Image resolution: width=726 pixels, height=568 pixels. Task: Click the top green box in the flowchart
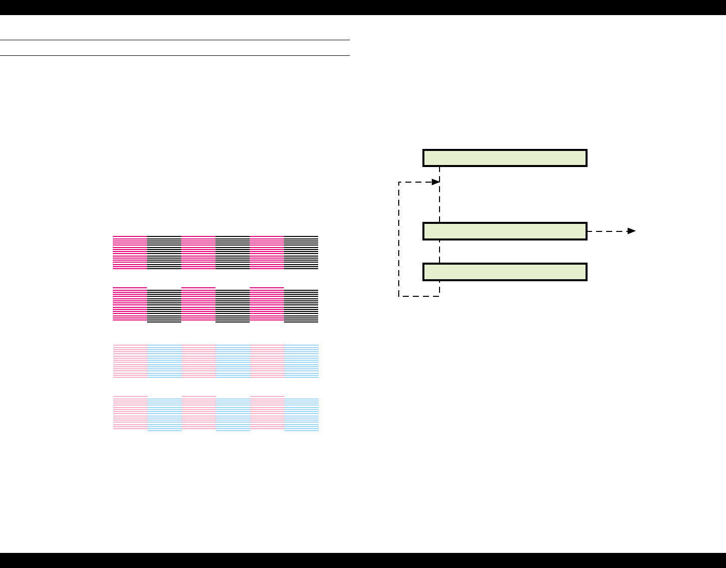tap(504, 158)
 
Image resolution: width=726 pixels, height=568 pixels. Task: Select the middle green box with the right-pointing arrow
tap(504, 231)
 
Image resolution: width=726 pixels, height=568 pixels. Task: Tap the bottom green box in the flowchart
tap(504, 272)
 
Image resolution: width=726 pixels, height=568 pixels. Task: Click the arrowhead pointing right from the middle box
tap(631, 231)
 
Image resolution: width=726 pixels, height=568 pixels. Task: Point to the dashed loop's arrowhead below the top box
tap(436, 182)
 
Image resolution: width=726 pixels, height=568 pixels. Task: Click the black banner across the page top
tap(362, 7)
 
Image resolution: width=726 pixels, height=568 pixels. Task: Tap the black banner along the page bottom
tap(362, 560)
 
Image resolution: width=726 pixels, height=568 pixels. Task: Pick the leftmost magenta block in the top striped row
tap(130, 252)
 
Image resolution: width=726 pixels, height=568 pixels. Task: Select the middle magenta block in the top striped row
tap(198, 252)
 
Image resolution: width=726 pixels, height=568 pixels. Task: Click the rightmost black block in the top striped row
tap(301, 252)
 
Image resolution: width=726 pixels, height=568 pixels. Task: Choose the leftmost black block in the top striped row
tap(164, 252)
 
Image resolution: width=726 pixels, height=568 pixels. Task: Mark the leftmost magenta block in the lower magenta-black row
tap(130, 304)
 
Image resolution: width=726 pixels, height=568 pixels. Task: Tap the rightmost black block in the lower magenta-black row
tap(301, 306)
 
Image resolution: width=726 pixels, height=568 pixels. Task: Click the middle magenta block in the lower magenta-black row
tap(198, 304)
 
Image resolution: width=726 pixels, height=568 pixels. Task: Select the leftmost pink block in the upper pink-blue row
tap(130, 361)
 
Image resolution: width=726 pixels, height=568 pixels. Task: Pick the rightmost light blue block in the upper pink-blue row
tap(302, 361)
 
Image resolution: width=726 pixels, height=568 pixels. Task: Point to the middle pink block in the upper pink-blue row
tap(199, 361)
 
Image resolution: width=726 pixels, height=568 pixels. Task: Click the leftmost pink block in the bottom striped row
tap(130, 413)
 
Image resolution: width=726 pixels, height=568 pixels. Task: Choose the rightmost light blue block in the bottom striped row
tap(302, 415)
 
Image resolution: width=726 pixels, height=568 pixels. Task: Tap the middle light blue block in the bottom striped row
tap(233, 415)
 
